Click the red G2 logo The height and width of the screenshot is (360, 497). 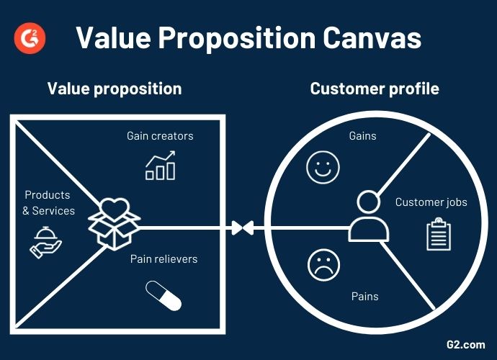click(x=29, y=37)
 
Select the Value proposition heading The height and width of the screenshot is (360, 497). click(x=115, y=89)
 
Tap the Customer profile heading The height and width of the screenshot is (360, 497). click(x=375, y=89)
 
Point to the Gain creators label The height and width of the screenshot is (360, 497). click(x=160, y=135)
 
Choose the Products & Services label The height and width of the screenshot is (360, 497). click(x=48, y=202)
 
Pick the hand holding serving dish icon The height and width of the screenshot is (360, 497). click(x=45, y=240)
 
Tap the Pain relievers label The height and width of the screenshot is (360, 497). click(x=164, y=258)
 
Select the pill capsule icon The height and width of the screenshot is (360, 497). click(x=164, y=295)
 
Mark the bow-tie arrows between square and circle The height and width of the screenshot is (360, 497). click(x=242, y=228)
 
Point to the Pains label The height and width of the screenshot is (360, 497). click(x=364, y=296)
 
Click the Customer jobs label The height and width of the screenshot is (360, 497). click(x=431, y=202)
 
